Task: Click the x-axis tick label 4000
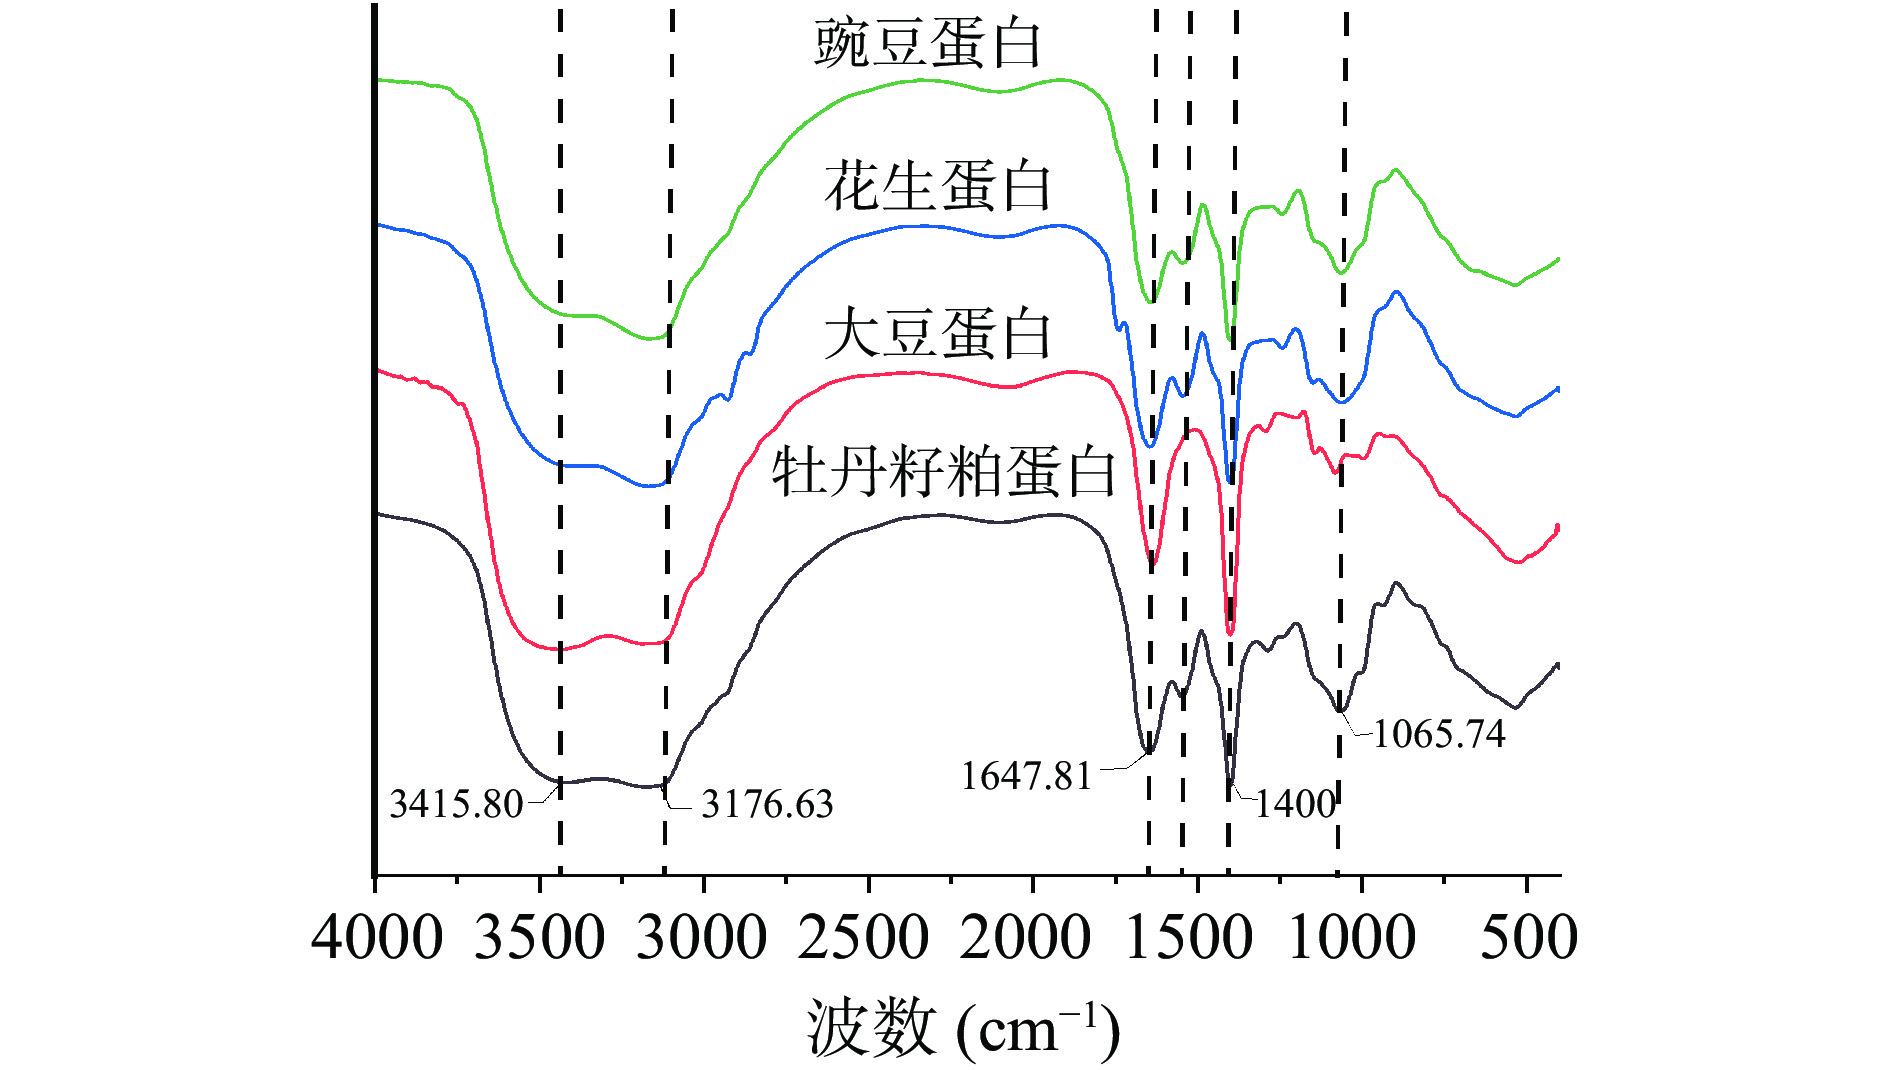click(377, 938)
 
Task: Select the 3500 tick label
click(539, 938)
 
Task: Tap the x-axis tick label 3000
click(702, 938)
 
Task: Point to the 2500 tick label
click(864, 938)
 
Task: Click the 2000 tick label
click(1026, 938)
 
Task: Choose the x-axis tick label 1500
click(1189, 938)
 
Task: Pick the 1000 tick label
click(1352, 938)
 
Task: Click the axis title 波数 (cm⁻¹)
click(963, 1028)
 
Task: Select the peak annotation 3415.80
click(456, 804)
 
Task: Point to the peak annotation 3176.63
click(767, 804)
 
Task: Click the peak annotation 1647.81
click(1026, 776)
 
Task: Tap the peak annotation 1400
click(1296, 804)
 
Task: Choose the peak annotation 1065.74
click(1439, 734)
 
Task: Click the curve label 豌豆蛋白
click(928, 44)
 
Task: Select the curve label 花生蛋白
click(937, 187)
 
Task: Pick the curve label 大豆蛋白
click(937, 333)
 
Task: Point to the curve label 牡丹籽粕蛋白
click(943, 472)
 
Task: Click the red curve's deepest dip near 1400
click(1230, 632)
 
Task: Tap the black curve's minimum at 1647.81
click(1149, 751)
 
